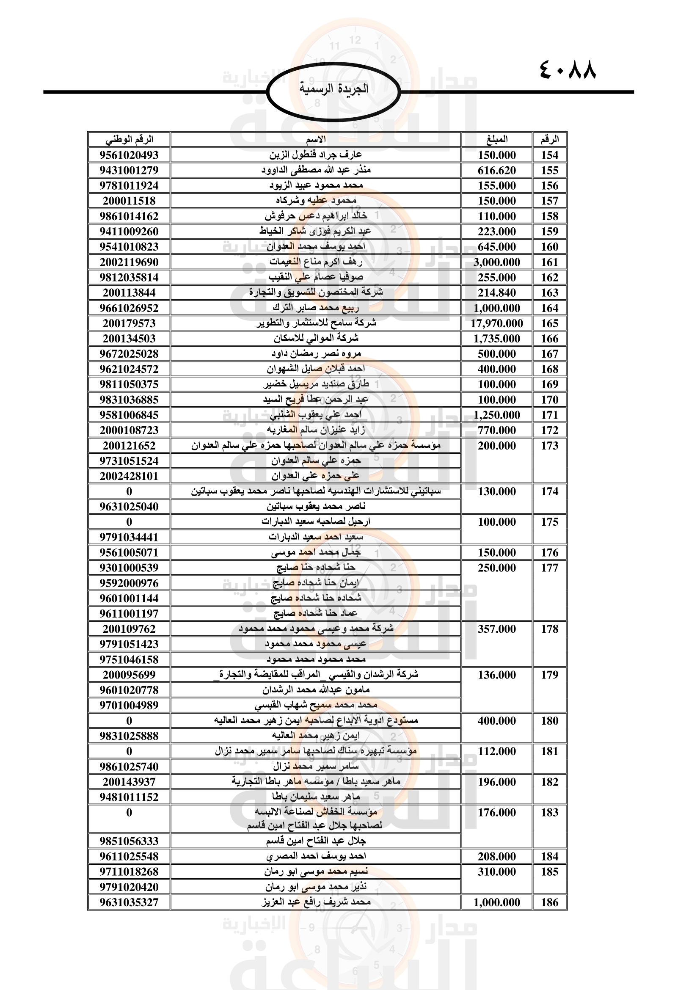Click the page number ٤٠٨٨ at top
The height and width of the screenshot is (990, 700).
[568, 70]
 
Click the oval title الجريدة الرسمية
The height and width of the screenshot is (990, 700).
[333, 89]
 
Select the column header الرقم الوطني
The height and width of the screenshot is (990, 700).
[129, 140]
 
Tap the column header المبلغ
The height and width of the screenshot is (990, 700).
[496, 140]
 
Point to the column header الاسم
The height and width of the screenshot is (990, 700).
[316, 140]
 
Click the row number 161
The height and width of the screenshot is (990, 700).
[550, 262]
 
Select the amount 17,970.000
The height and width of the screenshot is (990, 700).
[496, 323]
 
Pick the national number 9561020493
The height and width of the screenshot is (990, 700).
[129, 155]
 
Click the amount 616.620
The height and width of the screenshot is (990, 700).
[496, 170]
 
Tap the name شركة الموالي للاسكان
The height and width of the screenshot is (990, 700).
[316, 339]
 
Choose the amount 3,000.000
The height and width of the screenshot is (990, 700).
[496, 262]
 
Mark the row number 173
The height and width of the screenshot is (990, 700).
[550, 446]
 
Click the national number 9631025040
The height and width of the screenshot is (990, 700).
[129, 507]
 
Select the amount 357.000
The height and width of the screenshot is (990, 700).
[496, 629]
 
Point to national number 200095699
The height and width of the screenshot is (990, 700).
[129, 675]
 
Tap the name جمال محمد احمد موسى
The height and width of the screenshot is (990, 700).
[316, 552]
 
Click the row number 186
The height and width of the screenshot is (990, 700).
[550, 902]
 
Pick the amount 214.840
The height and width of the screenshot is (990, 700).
[496, 293]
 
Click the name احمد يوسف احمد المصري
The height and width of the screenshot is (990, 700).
[316, 856]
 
